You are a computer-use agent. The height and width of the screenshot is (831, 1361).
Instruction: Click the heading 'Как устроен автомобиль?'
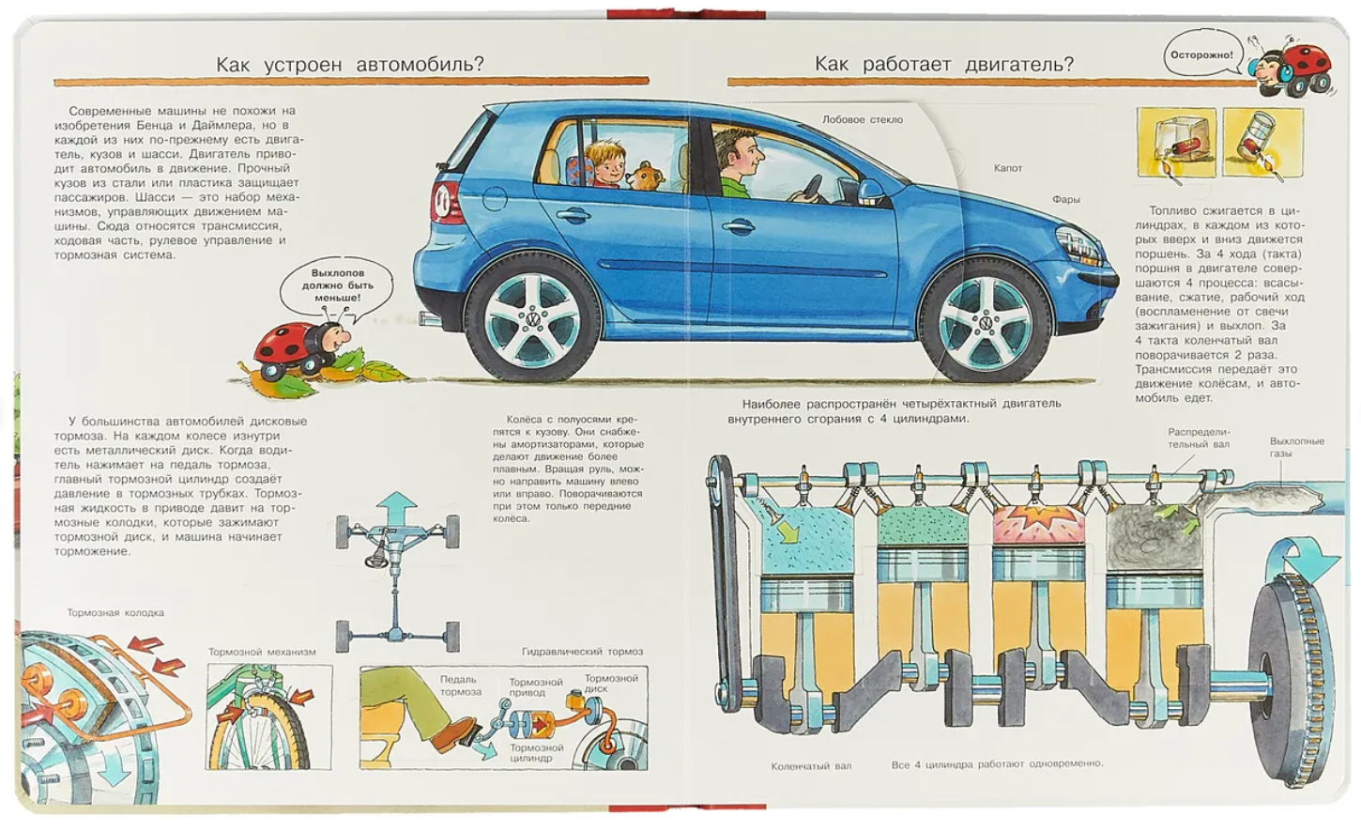[x=349, y=64]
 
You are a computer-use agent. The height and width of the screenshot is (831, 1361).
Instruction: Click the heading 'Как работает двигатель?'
[x=943, y=64]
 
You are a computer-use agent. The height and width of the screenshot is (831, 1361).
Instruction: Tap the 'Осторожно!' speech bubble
[x=1201, y=55]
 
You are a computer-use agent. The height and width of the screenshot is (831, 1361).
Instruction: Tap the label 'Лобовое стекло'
[x=862, y=120]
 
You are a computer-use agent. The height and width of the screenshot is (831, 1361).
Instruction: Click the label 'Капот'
[x=1008, y=168]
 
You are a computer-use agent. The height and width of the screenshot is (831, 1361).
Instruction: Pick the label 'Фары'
[x=1065, y=199]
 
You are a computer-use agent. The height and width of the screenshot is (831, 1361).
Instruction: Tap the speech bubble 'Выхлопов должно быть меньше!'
[x=337, y=285]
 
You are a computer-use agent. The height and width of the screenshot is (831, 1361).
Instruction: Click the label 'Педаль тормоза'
[x=460, y=685]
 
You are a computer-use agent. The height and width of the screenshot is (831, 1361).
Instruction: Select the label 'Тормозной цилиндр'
[x=536, y=753]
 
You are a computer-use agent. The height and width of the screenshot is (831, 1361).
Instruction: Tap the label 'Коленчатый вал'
[x=811, y=766]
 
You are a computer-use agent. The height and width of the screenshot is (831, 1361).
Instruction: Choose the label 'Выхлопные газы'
[x=1296, y=447]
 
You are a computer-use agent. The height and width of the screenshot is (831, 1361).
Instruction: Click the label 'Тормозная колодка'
[x=115, y=613]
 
